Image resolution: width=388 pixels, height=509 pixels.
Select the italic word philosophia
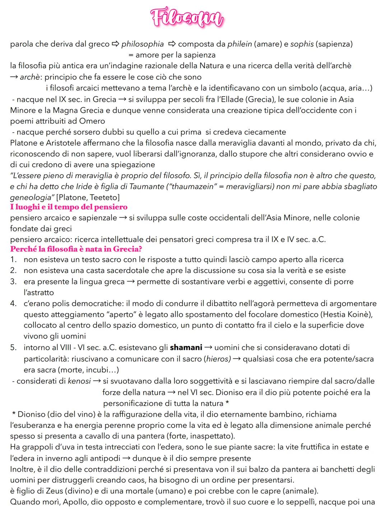pyautogui.click(x=142, y=44)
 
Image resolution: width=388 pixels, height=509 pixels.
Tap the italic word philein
pyautogui.click(x=240, y=44)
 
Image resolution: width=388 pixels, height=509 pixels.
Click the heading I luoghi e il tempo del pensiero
pyautogui.click(x=69, y=207)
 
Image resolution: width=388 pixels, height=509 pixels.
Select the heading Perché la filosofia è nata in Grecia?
pyautogui.click(x=76, y=249)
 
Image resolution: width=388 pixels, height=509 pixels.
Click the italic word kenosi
pyautogui.click(x=79, y=381)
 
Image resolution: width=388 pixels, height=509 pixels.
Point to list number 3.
pyautogui.click(x=13, y=282)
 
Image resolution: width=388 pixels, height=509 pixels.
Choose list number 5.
pyautogui.click(x=13, y=348)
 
